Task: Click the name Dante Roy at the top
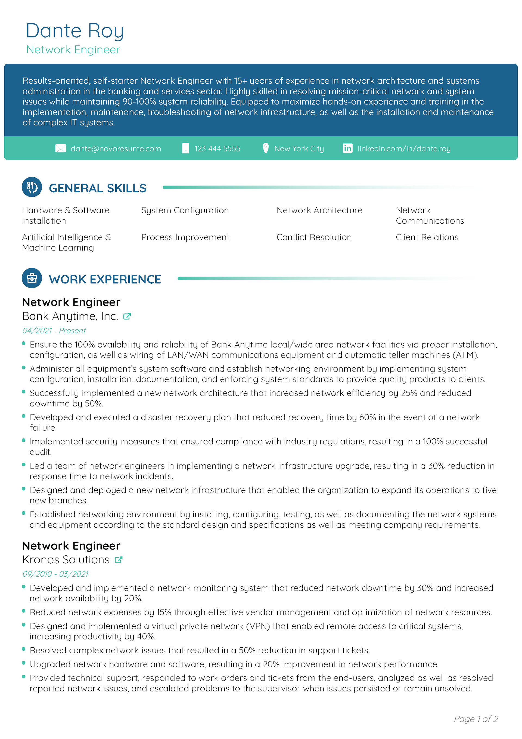point(75,31)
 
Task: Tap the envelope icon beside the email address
point(61,149)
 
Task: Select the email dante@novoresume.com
point(116,149)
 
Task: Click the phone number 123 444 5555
point(217,149)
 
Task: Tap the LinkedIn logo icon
point(347,149)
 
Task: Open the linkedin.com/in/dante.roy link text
point(404,149)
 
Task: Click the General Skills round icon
point(32,187)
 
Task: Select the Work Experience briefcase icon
point(32,278)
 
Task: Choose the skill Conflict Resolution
point(314,237)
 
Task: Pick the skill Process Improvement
point(185,237)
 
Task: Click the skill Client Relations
point(427,237)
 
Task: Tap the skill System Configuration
point(185,210)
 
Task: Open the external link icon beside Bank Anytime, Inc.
point(127,316)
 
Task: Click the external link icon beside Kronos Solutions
point(119,560)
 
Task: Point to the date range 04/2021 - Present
point(54,330)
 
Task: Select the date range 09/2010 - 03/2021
point(55,574)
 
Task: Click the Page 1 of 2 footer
point(476,719)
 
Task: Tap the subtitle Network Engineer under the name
point(73,50)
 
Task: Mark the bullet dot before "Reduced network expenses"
point(23,611)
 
